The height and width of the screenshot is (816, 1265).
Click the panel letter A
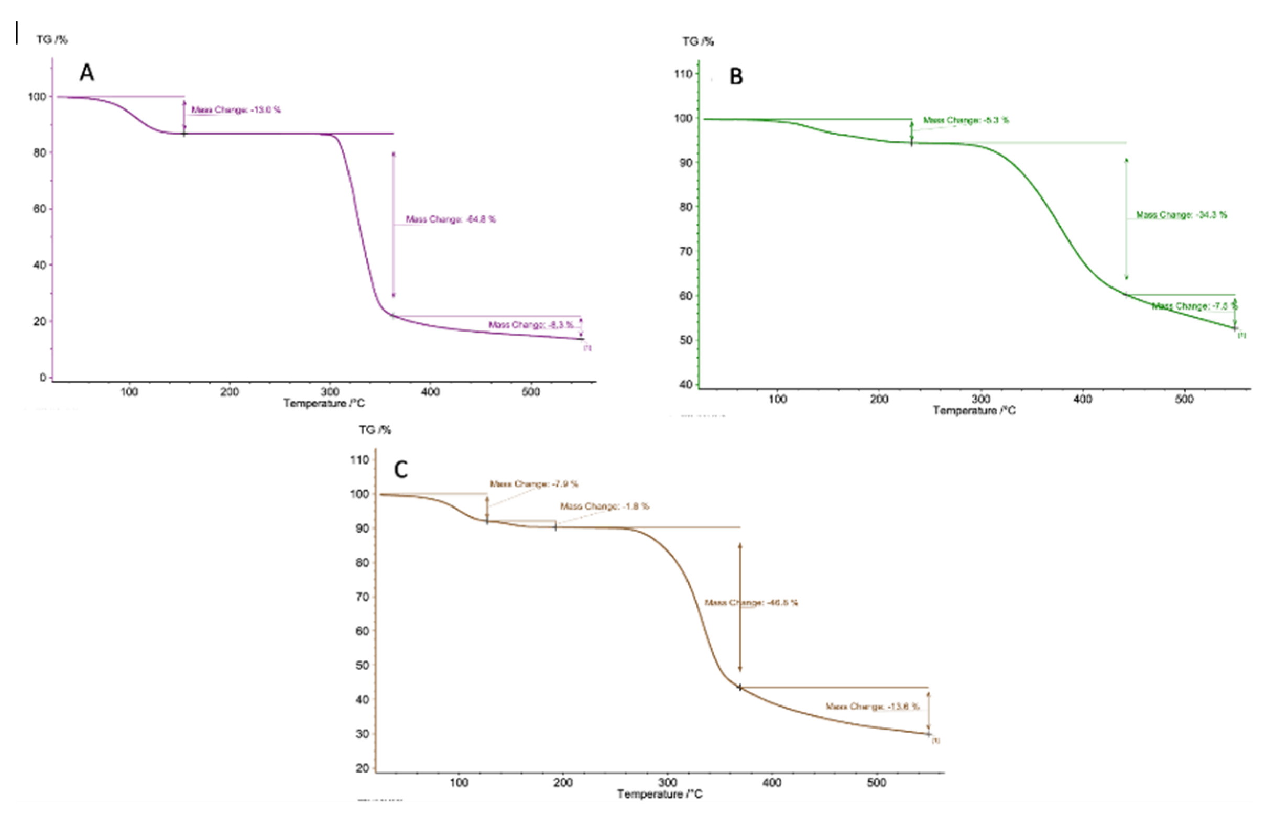87,73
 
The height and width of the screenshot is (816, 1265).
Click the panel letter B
736,77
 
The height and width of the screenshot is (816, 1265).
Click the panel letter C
401,469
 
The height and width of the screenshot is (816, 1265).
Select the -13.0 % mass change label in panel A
236,110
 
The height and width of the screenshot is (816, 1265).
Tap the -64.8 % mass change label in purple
451,219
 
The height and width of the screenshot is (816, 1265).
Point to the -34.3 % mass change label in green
1181,215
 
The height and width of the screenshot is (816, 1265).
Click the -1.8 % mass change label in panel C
604,506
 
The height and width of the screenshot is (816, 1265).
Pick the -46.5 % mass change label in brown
751,602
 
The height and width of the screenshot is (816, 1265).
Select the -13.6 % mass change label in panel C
872,707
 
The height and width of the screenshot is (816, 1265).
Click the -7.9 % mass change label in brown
534,484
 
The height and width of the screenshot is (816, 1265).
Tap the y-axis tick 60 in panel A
39,209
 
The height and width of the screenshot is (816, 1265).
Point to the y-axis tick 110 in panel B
683,74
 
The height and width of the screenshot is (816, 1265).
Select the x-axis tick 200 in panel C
562,782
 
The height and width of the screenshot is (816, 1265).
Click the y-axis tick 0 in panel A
42,378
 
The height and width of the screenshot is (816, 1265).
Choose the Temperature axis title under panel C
660,795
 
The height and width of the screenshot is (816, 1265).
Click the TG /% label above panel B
697,41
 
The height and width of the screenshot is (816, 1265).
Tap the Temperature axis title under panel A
324,404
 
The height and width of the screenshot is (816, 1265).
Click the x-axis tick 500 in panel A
530,392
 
